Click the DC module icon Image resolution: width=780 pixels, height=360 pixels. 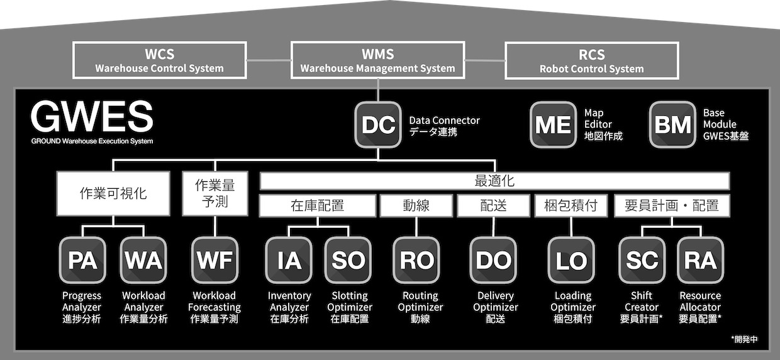[x=378, y=125]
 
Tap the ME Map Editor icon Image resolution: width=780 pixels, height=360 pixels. [x=553, y=125]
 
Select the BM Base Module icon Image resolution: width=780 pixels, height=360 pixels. [x=672, y=125]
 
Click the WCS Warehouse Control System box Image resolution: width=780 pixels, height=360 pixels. [x=160, y=60]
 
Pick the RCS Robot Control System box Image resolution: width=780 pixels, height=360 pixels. [x=592, y=60]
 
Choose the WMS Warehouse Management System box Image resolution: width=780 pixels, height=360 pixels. [x=378, y=60]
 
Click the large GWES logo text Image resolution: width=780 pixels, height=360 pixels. [x=92, y=116]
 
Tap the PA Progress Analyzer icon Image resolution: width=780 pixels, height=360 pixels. [x=82, y=260]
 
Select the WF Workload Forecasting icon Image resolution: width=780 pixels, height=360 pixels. [x=215, y=260]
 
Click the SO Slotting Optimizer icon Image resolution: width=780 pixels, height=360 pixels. [x=348, y=260]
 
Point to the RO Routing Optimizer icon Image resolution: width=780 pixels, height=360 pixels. [x=416, y=260]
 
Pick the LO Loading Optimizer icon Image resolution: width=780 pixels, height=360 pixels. [x=571, y=260]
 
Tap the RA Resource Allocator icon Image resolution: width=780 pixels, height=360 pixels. [x=701, y=260]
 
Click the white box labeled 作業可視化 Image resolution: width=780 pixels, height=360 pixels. [x=113, y=193]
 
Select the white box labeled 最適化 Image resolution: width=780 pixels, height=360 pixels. [x=494, y=181]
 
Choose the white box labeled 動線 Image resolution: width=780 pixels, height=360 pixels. [x=416, y=206]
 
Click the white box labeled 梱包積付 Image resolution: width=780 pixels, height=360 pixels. [x=571, y=206]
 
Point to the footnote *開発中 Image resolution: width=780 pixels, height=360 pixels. [x=744, y=339]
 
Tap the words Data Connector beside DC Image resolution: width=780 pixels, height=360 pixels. [x=444, y=120]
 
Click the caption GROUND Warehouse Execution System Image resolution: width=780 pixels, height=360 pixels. [x=92, y=141]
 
